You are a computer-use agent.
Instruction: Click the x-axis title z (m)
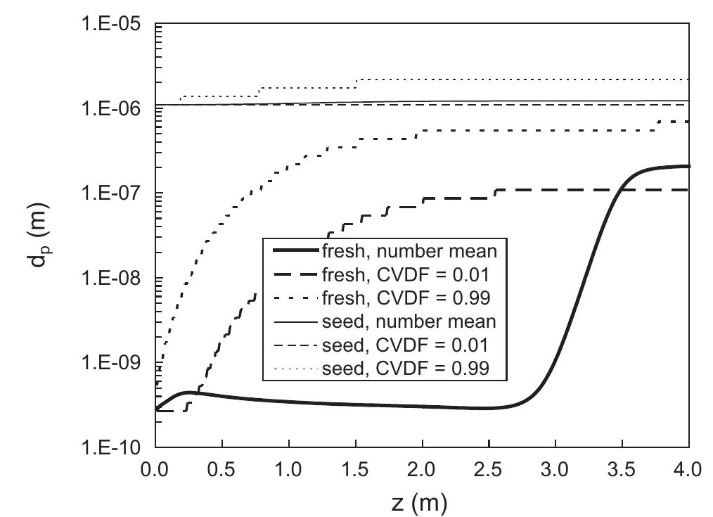pos(419,502)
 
